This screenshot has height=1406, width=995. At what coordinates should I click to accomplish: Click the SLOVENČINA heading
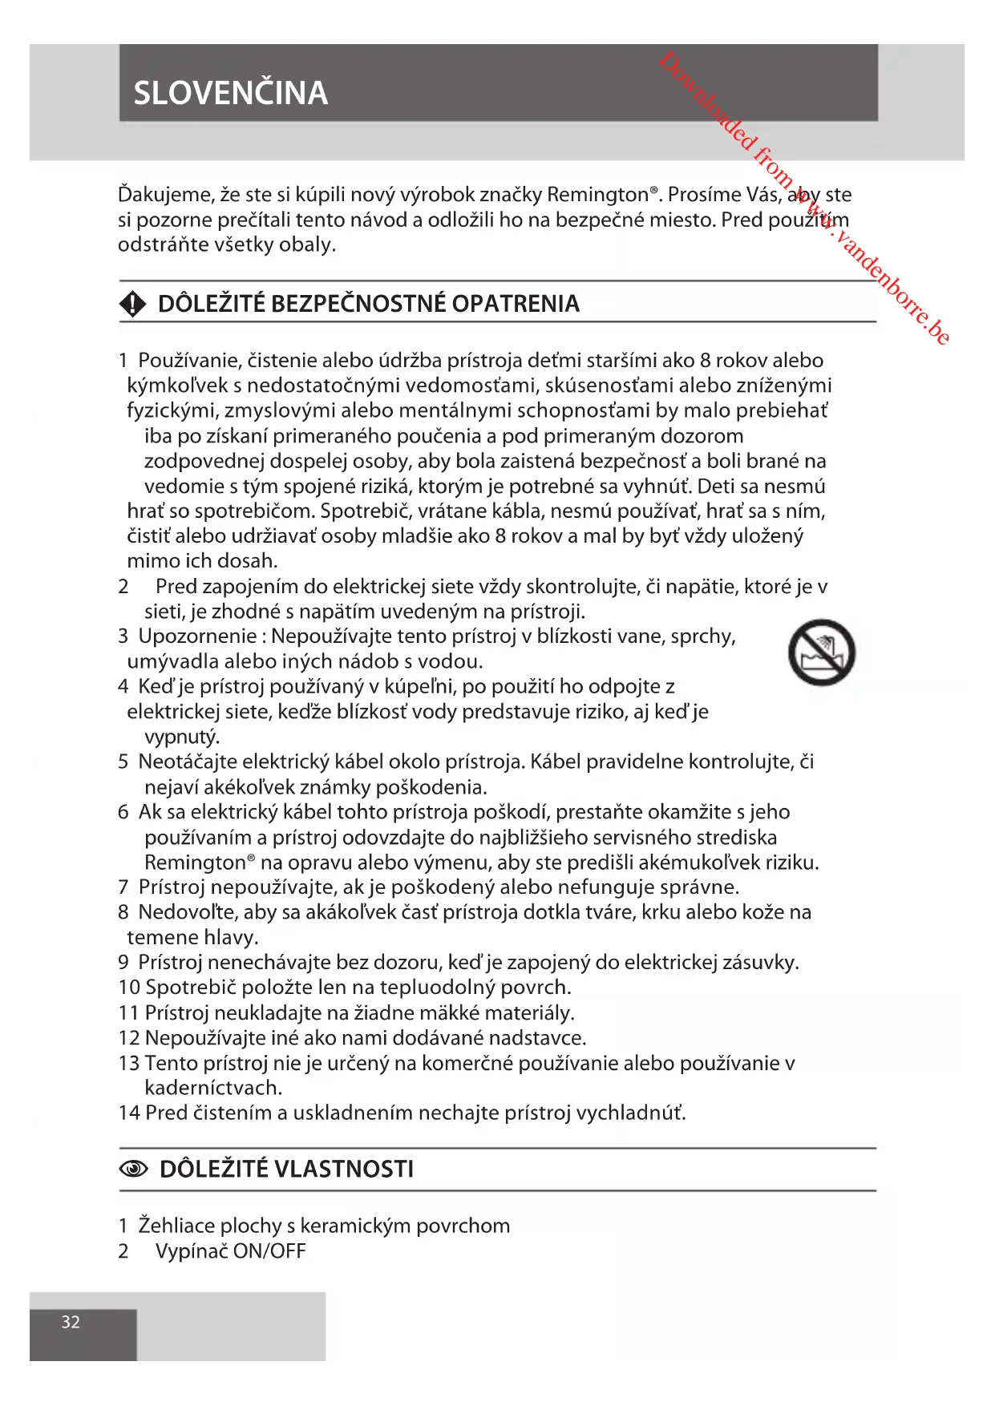(x=230, y=93)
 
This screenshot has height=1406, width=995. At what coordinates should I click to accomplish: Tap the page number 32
(x=71, y=1322)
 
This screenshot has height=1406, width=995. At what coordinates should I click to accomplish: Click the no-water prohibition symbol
(x=821, y=652)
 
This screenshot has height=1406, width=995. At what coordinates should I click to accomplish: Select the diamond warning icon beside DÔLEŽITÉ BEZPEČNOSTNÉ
(x=132, y=304)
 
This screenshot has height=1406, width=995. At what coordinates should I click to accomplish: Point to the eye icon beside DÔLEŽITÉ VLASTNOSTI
(x=133, y=1170)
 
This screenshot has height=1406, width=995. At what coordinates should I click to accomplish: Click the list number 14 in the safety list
(x=129, y=1113)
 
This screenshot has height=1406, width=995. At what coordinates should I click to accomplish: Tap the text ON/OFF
(x=269, y=1251)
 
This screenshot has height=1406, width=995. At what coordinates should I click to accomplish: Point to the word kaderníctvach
(x=213, y=1088)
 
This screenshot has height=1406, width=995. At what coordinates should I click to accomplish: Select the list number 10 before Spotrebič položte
(x=129, y=988)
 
